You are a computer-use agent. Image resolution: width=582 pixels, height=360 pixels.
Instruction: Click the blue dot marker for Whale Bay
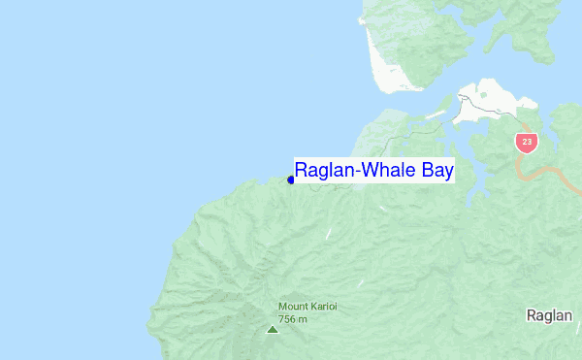tap(291, 180)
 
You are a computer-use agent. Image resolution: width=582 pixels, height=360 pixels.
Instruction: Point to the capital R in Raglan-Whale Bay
tap(302, 172)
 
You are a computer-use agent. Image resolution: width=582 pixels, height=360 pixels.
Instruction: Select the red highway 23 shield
tap(527, 142)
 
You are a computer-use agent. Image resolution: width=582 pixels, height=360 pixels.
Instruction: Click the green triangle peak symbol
tap(272, 330)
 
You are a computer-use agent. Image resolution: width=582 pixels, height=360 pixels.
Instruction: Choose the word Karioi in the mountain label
tap(325, 307)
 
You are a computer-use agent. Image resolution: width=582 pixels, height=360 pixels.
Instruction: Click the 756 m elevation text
tap(293, 318)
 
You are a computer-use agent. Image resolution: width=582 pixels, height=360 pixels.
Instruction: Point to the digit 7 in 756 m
tap(282, 318)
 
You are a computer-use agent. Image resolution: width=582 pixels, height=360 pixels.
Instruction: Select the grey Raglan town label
tap(550, 315)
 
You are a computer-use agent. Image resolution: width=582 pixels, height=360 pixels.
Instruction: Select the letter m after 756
tap(303, 319)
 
